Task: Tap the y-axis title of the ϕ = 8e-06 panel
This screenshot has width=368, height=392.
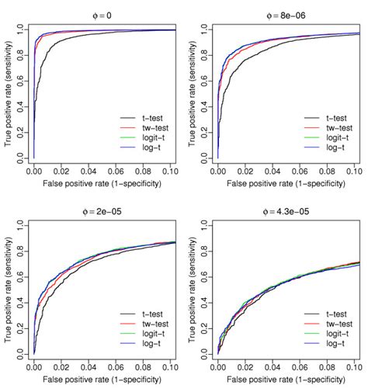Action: [x=194, y=93]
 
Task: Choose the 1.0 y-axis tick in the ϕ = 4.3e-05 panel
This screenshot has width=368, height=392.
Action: [x=207, y=224]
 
